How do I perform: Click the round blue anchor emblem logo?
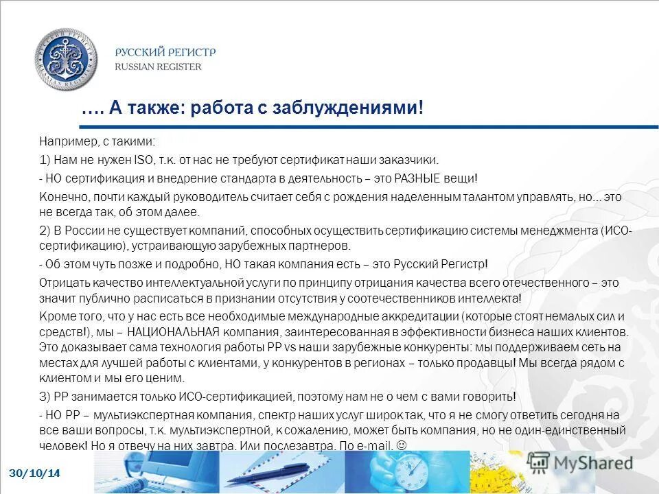[x=67, y=59]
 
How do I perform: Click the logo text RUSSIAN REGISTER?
[x=158, y=67]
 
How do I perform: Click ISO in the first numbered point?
[x=125, y=160]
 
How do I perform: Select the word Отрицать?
[x=62, y=282]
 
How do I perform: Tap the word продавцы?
[x=489, y=363]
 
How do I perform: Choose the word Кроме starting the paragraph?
[x=54, y=316]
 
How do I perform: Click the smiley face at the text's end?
[x=402, y=445]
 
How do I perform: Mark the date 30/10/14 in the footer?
[x=34, y=473]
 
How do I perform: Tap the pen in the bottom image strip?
[x=275, y=473]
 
